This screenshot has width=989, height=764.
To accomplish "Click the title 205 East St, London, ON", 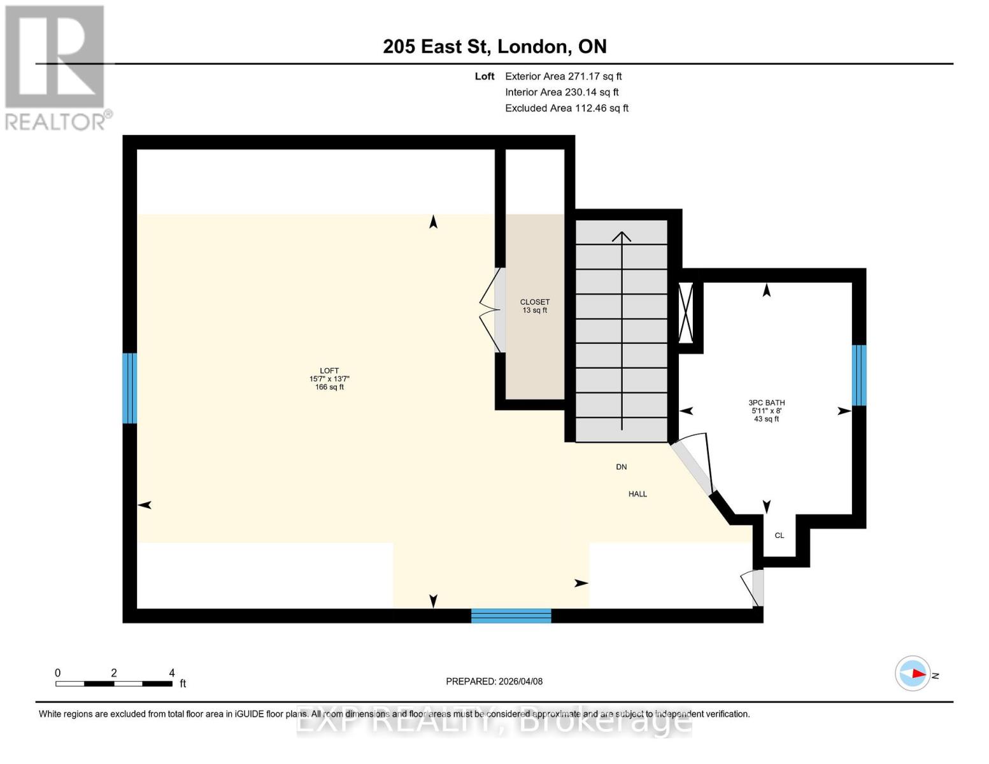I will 494,46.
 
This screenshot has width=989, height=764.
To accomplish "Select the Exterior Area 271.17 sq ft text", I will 563,76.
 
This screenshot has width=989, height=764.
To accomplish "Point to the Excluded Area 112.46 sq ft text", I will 566,108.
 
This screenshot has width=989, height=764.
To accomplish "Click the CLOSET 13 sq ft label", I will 534,306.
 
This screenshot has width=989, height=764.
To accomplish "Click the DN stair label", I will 622,467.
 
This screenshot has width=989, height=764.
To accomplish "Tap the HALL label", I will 637,494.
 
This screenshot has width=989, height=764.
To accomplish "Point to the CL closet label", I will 779,535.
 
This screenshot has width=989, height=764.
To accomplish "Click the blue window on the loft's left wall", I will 129,388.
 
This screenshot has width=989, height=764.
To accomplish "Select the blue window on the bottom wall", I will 511,616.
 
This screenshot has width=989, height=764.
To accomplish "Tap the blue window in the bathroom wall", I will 858,375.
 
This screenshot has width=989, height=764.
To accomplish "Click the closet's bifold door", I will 490,310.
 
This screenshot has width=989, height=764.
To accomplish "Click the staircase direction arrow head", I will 622,236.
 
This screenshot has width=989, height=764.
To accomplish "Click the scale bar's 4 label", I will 172,673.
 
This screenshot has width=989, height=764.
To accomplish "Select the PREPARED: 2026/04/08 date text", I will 494,681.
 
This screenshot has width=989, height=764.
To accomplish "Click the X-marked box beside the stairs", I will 686,313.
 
